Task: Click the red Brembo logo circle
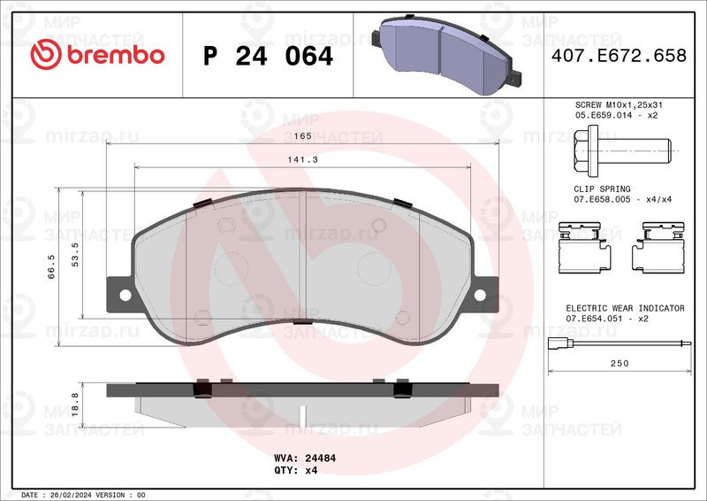coord(46,54)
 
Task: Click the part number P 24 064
coord(269,56)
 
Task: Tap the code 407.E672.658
coord(619,56)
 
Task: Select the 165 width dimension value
coord(302,135)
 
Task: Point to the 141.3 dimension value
coord(302,159)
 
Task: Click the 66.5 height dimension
coord(51,266)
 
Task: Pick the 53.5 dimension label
coord(75,254)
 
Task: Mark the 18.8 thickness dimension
coord(75,404)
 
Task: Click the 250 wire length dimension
coord(620,363)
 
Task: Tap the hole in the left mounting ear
coord(125,296)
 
